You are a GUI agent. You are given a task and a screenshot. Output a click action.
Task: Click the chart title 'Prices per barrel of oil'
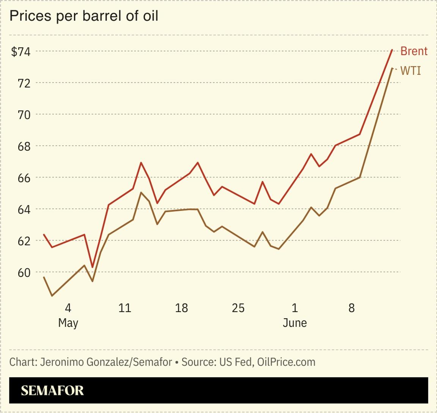83,16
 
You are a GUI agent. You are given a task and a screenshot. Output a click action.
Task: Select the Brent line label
414,51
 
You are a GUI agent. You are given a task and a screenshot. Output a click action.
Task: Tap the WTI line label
410,71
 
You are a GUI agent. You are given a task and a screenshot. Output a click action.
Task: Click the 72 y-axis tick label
24,83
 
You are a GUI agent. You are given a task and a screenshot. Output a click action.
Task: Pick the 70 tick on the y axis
24,115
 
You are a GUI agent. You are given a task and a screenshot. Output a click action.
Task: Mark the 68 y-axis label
24,146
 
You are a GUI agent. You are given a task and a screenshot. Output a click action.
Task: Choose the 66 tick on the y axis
24,177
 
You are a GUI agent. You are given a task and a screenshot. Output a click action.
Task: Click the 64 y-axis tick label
24,209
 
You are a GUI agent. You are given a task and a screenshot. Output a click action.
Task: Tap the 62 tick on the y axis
24,241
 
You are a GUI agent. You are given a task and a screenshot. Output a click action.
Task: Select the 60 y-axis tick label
24,272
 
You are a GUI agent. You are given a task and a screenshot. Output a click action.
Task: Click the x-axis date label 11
124,308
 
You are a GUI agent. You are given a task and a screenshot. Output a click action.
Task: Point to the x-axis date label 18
181,308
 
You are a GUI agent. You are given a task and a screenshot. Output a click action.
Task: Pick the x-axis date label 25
238,308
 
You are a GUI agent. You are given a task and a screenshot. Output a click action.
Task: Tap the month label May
68,323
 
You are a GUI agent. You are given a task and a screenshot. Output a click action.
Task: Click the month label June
295,323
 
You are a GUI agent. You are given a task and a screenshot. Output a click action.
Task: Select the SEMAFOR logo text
52,391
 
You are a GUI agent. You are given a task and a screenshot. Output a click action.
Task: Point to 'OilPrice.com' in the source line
286,362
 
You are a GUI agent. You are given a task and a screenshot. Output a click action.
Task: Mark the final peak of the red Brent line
392,50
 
